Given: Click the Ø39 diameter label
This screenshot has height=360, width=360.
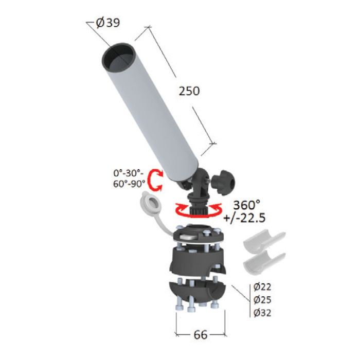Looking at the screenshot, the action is click(x=108, y=23).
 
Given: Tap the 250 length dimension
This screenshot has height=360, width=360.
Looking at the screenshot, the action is click(x=189, y=91).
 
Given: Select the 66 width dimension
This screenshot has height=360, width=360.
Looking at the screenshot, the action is click(x=201, y=335).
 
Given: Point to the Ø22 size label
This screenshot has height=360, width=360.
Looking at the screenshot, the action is click(x=262, y=286).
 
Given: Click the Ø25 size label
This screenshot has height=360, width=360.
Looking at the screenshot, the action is click(x=262, y=299).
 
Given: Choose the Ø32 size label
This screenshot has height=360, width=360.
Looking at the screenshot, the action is click(x=262, y=313).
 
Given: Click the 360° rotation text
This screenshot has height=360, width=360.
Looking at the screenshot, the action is click(x=246, y=205).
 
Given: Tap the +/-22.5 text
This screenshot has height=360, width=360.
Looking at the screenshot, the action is click(x=244, y=218).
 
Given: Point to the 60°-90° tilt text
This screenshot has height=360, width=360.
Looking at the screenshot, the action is click(x=129, y=184).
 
